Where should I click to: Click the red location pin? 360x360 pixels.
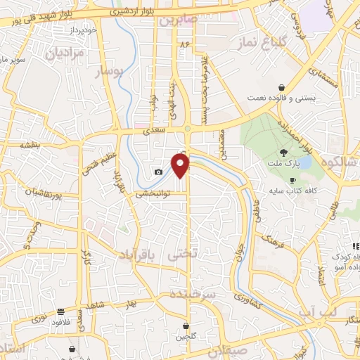tap(181, 165)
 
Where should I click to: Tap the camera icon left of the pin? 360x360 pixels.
tap(159, 172)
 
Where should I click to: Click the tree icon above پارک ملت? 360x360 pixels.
tap(283, 152)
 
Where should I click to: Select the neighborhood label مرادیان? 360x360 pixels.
tap(69, 53)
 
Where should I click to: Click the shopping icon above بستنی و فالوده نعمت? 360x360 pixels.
tap(282, 87)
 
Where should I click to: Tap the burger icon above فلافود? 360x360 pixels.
tap(61, 310)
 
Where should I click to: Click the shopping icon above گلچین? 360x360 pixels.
tap(186, 326)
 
